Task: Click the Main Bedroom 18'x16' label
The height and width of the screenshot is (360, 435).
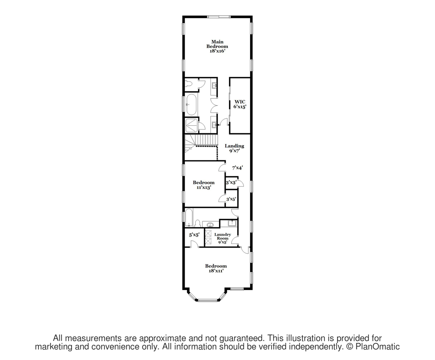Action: pos(217,46)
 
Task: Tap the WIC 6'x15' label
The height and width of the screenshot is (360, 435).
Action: pos(240,104)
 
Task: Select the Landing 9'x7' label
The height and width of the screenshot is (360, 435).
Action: pos(234,148)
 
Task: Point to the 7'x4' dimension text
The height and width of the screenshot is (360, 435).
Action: pos(237,167)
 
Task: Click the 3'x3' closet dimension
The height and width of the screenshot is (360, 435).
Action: pos(231,183)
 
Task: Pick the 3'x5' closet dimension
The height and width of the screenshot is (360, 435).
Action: pos(231,199)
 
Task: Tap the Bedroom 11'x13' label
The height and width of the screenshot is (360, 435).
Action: pos(204,185)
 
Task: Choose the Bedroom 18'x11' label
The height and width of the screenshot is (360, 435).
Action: pos(216,268)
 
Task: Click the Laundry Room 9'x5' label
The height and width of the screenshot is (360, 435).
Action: pos(223,238)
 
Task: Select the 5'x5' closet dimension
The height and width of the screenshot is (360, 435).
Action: pos(194,235)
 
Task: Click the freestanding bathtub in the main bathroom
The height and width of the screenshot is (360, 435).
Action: pos(191,105)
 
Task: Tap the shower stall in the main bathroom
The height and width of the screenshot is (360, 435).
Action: pos(191,125)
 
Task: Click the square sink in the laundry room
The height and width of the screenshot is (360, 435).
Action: pos(232,223)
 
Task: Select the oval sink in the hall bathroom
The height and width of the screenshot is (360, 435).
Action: pos(210,225)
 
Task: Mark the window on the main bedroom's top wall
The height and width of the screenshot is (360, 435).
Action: pos(219,17)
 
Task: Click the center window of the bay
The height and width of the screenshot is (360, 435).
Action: pos(207,300)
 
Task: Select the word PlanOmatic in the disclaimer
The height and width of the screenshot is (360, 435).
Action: pos(377,347)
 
